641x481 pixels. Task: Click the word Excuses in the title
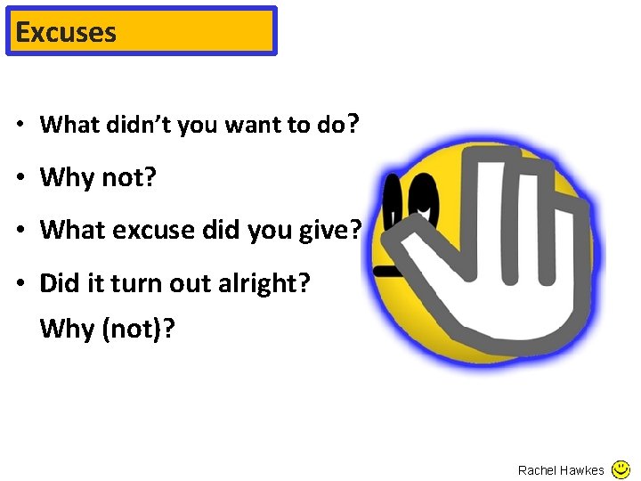(x=66, y=32)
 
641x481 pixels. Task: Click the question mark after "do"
(x=353, y=124)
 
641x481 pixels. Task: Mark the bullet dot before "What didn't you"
(x=20, y=126)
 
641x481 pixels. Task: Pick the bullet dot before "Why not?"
(x=20, y=178)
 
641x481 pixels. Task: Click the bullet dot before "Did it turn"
(x=20, y=284)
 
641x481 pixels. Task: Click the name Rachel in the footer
(x=537, y=470)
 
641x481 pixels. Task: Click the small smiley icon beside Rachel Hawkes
(x=621, y=469)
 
